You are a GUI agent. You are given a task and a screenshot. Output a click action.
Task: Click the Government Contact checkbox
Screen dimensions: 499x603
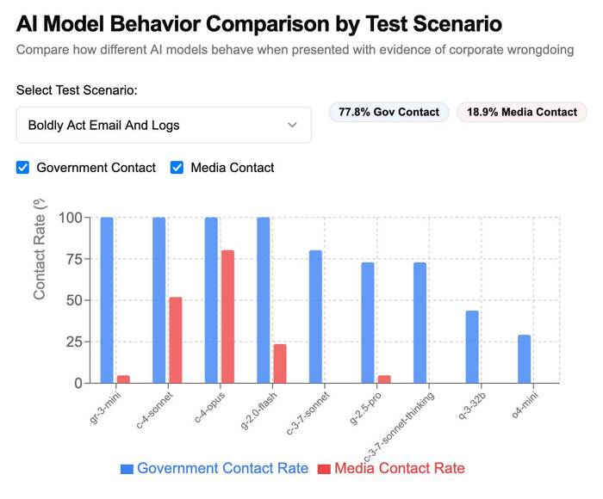point(23,168)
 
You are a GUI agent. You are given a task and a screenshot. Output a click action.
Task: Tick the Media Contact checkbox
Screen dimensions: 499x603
point(177,168)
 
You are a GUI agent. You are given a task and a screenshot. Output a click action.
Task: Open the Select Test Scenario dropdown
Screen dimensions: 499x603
point(164,126)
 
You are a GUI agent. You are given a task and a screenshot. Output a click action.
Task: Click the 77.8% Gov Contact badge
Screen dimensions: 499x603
point(389,112)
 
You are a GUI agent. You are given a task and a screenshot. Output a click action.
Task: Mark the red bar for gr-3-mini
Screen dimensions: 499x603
point(123,379)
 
